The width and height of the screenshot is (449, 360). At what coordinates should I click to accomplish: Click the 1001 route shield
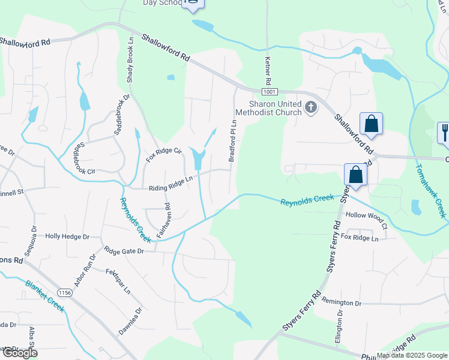(x=270, y=92)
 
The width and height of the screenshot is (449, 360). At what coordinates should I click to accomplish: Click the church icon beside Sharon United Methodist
(x=310, y=107)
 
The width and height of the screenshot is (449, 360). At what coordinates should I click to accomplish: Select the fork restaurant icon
(x=444, y=131)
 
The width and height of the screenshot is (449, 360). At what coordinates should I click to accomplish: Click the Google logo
(x=19, y=353)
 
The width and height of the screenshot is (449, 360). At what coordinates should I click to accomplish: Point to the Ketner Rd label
(x=268, y=67)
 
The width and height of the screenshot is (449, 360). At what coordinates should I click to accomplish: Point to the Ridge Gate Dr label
(x=124, y=250)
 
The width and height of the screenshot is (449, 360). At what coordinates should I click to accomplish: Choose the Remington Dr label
(x=342, y=304)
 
